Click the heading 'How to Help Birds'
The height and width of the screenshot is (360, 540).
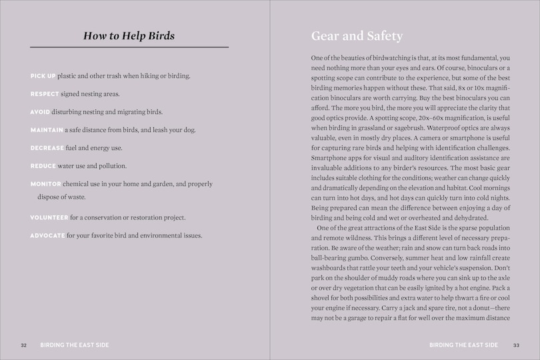129,36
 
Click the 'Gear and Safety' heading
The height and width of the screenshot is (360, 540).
357,36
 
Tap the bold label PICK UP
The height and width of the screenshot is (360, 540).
43,76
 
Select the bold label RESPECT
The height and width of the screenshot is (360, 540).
45,94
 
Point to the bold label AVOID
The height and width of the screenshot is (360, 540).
40,112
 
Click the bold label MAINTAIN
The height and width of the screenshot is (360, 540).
46,129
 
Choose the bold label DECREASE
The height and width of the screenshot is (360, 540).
47,147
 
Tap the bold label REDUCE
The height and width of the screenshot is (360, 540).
43,165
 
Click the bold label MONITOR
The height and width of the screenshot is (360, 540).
45,183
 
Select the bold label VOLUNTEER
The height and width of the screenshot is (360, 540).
49,217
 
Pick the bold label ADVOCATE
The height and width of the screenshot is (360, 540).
47,235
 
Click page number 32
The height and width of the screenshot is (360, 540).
23,345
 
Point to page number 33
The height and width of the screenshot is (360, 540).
516,345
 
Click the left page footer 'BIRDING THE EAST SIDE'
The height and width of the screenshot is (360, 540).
74,345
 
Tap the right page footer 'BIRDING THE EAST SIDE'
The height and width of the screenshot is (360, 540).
464,345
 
